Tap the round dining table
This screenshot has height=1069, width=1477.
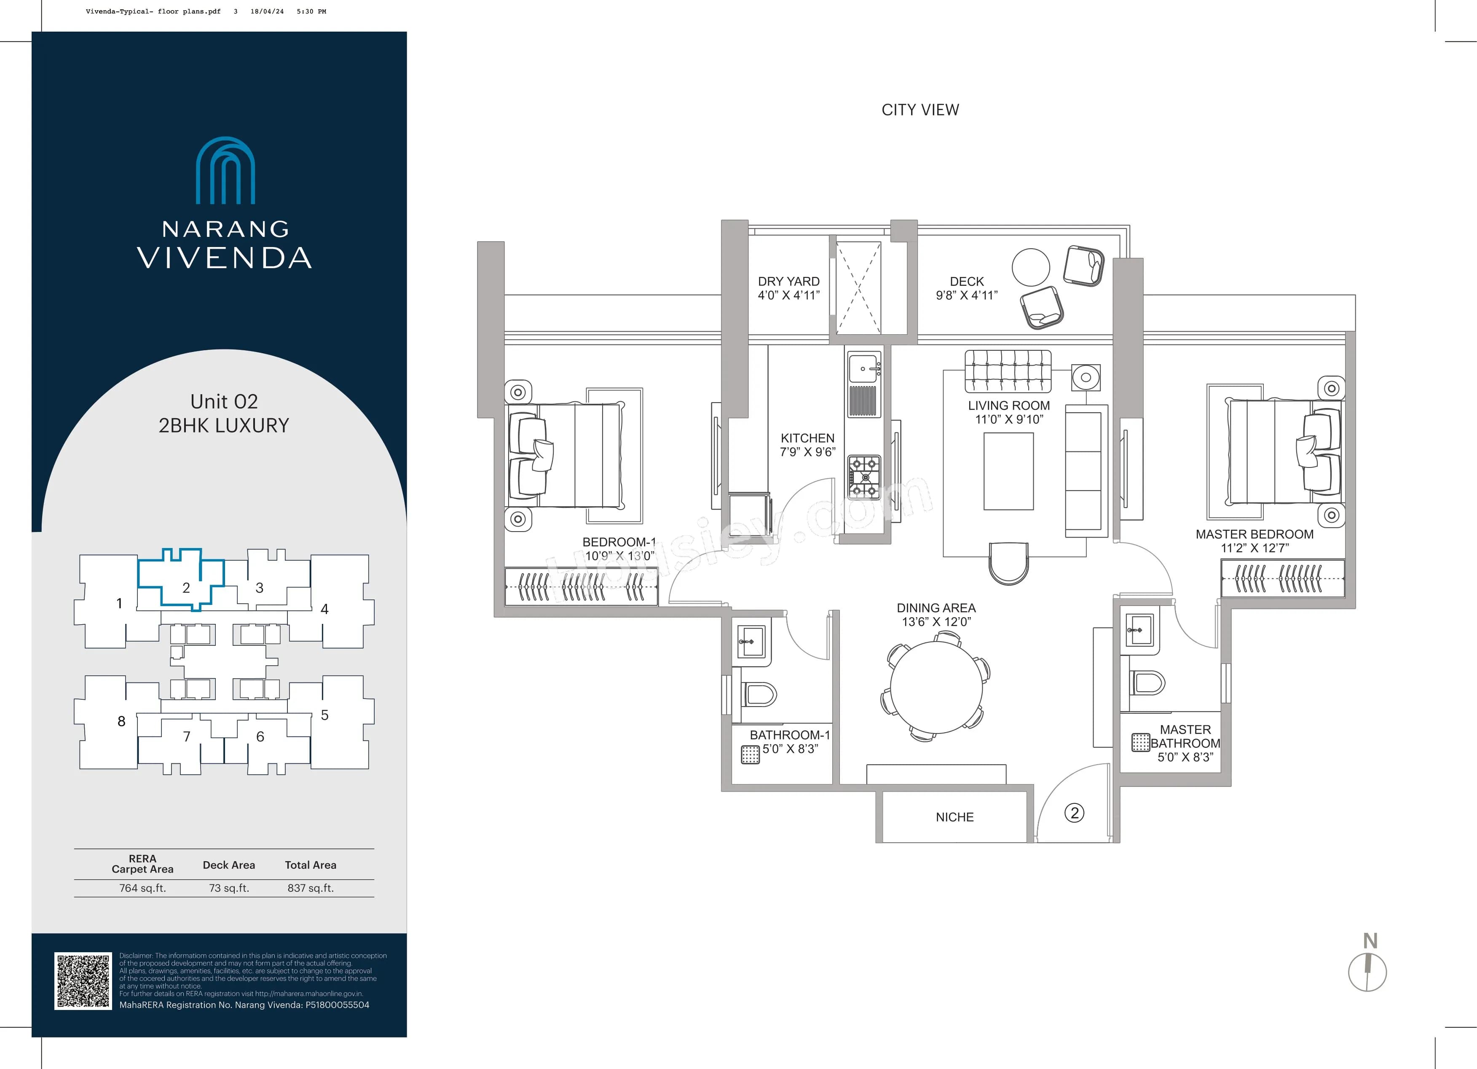pos(936,687)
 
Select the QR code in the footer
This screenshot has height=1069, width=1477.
pos(83,981)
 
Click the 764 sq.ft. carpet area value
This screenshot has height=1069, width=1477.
pos(142,888)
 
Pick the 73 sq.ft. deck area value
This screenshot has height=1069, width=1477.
pos(228,888)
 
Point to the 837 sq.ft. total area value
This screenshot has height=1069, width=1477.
pos(311,888)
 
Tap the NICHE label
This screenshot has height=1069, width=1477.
pos(954,817)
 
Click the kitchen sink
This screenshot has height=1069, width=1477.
pos(864,369)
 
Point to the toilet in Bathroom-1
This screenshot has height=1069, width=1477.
pos(758,694)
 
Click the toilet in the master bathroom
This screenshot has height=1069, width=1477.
pos(1147,683)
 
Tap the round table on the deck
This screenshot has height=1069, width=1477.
pos(1030,267)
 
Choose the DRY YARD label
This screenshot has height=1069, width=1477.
pos(788,282)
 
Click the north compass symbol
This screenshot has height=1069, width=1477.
pos(1367,972)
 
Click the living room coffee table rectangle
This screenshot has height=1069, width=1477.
pos(1008,471)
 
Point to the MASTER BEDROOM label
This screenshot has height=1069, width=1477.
pos(1254,534)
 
